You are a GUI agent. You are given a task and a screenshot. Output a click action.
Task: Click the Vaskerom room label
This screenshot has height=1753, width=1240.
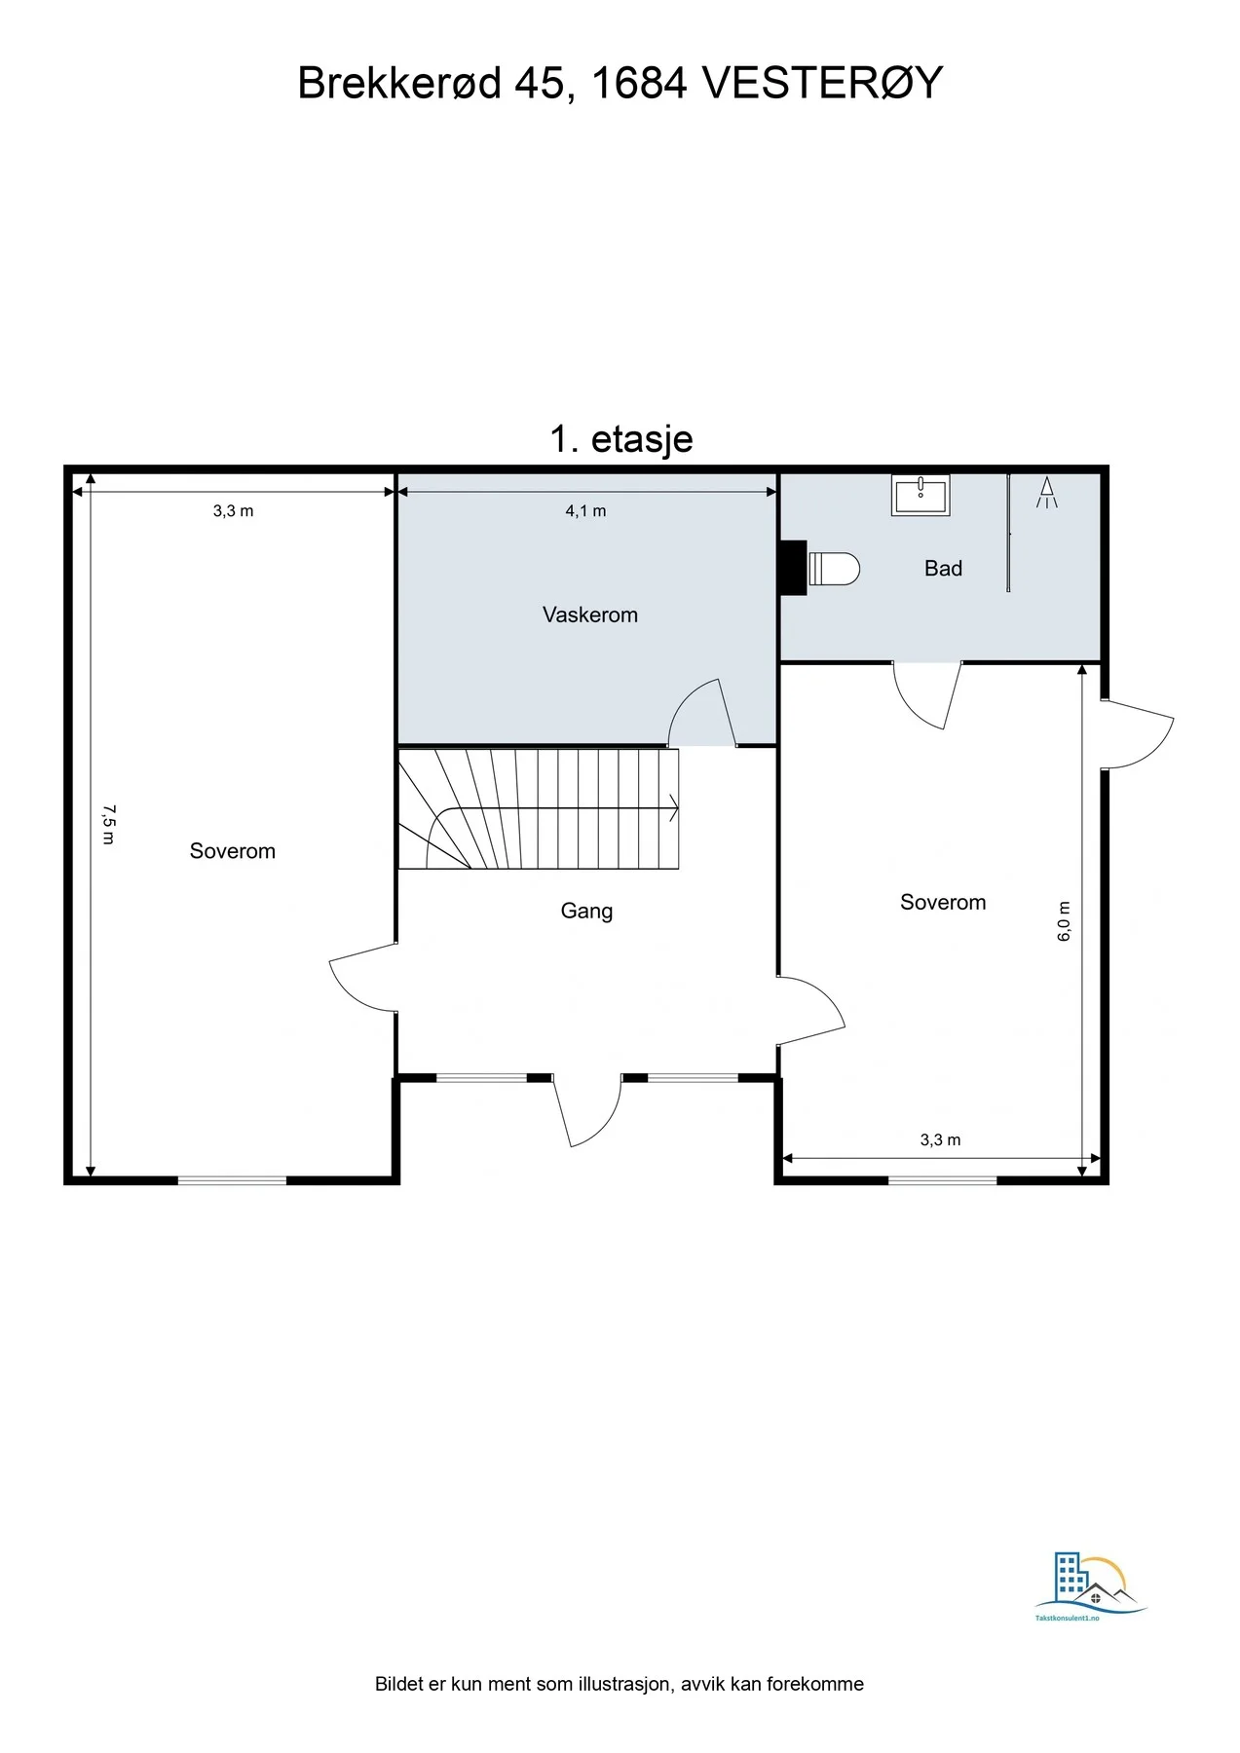click(590, 615)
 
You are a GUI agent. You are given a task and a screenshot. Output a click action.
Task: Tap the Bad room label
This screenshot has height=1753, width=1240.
click(943, 568)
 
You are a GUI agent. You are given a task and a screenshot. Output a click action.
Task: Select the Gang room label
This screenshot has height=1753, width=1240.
click(586, 912)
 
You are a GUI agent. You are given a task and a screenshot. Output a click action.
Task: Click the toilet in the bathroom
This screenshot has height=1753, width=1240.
click(834, 568)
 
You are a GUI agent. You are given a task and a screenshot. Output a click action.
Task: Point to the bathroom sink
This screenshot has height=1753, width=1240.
click(921, 495)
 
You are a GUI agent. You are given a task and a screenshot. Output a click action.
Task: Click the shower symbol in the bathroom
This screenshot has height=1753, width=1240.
click(1047, 493)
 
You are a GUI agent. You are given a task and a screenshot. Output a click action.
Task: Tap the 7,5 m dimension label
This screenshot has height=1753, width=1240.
click(109, 824)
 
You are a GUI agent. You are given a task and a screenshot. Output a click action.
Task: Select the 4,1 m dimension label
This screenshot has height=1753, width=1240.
click(585, 510)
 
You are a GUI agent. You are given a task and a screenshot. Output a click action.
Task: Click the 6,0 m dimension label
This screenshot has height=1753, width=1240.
click(1064, 921)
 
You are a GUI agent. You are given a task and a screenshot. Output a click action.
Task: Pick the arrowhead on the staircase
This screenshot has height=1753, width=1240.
click(672, 807)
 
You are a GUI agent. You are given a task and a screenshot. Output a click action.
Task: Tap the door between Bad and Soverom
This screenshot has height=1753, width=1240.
click(927, 695)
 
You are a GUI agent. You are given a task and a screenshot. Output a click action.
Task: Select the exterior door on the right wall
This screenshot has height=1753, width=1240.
click(1138, 734)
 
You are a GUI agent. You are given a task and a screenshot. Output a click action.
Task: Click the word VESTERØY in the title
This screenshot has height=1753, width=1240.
click(822, 83)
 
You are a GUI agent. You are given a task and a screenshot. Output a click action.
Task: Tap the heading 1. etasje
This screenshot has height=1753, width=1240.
click(621, 439)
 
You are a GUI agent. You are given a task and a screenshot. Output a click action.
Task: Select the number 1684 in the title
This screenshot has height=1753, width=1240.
click(639, 83)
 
